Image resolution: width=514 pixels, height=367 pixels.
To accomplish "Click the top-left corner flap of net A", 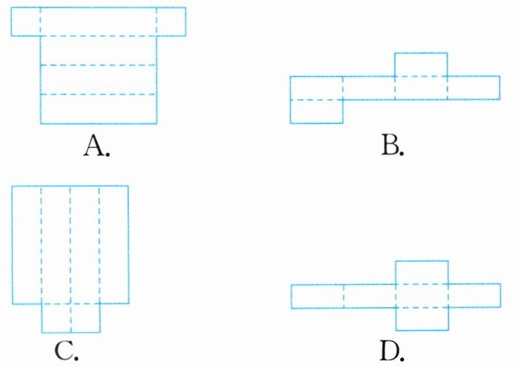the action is coord(26,21).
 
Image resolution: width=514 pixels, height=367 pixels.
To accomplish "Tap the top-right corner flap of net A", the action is coord(171,21).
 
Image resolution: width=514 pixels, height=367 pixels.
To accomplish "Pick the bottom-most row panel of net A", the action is coord(98,109).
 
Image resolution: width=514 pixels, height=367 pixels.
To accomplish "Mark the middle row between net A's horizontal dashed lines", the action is coord(98,80).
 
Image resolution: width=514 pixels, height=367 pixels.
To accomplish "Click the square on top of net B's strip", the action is coord(421,64).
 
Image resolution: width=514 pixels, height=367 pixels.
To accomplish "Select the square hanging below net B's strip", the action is coord(317,111).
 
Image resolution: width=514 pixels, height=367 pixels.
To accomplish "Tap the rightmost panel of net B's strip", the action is coord(473,87).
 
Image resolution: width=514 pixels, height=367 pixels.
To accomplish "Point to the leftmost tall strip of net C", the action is coord(27,244).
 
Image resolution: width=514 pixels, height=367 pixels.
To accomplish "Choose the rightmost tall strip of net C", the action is coord(114,244).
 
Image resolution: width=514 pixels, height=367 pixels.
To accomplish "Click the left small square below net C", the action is coord(56,318).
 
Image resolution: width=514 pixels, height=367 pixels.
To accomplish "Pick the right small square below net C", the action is coord(85,318).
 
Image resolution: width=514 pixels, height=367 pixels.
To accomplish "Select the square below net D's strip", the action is coord(422,319).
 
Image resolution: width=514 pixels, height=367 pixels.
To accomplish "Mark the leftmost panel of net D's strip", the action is coord(317,296).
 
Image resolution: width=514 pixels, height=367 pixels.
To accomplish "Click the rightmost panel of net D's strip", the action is coord(473,296).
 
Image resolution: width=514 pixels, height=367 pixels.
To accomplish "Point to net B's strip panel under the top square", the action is coord(421,87).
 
